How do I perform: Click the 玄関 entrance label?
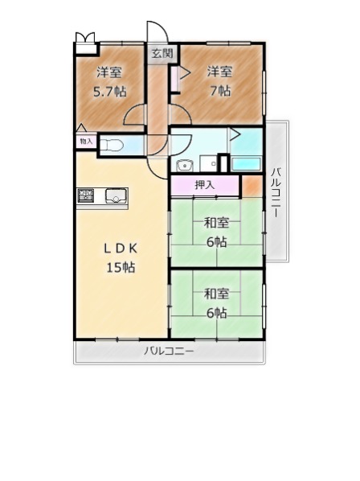click(162, 54)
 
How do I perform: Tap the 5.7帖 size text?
click(109, 92)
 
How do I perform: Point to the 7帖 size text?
click(220, 91)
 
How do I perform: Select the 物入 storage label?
click(86, 142)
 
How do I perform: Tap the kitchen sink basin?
click(116, 196)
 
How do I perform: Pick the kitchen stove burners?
click(85, 195)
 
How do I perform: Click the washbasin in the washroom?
click(185, 166)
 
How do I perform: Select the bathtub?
click(246, 163)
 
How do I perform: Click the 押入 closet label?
click(205, 185)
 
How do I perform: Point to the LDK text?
click(121, 249)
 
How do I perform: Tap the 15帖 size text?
click(121, 268)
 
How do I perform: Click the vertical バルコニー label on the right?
click(276, 192)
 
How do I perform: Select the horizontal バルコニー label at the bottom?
click(169, 351)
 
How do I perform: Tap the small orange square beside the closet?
click(252, 187)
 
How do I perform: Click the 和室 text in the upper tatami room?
click(217, 223)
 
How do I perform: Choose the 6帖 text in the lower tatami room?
click(217, 313)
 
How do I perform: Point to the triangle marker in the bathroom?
click(235, 134)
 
